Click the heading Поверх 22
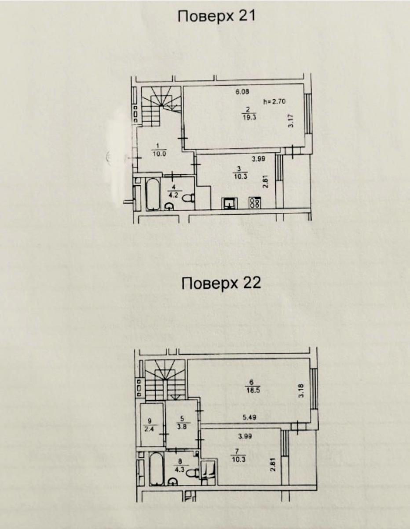coord(221,283)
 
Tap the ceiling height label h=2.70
coord(275,101)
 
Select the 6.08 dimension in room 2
coord(242,92)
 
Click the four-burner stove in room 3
coord(255,202)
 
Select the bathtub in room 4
coord(153,194)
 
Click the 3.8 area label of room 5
coord(182,427)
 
